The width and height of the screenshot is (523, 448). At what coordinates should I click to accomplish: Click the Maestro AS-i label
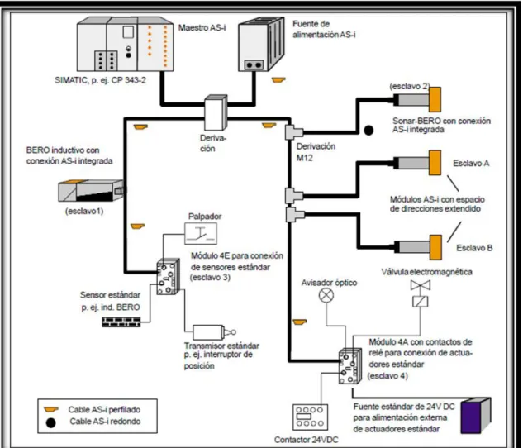pos(202,27)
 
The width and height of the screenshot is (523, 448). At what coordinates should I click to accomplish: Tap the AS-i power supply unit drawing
pos(261,44)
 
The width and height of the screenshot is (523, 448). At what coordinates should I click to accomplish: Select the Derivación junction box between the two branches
pos(216,112)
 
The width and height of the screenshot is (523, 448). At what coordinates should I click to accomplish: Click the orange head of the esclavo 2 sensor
pos(435,100)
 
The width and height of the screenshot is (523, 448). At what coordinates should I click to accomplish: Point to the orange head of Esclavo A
pos(435,163)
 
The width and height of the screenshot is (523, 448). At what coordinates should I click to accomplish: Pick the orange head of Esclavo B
pos(435,247)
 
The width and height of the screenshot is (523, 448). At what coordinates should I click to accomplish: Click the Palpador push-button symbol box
pos(201,234)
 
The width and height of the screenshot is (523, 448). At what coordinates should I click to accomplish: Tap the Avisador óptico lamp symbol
pos(326,295)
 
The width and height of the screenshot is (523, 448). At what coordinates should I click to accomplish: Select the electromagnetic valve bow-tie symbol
pos(421,285)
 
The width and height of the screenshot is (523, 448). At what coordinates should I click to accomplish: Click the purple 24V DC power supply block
pos(476,416)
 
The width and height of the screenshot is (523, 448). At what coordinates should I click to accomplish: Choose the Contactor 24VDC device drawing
pos(310,417)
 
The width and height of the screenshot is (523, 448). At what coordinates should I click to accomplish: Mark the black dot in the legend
pos(50,422)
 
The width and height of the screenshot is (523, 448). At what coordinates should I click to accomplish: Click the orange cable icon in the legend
pos(51,409)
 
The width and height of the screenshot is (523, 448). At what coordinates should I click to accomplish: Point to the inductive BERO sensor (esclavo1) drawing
pos(92,190)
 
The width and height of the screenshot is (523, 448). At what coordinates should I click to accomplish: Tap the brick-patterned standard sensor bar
pos(121,322)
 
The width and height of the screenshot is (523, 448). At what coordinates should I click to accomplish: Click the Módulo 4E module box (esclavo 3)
pos(168,277)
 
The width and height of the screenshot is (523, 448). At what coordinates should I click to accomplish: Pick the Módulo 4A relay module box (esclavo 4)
pos(350,366)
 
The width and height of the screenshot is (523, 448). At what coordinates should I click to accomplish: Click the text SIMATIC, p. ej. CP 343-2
pos(101,80)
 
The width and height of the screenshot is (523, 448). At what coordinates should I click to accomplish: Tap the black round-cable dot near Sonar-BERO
pos(368,130)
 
